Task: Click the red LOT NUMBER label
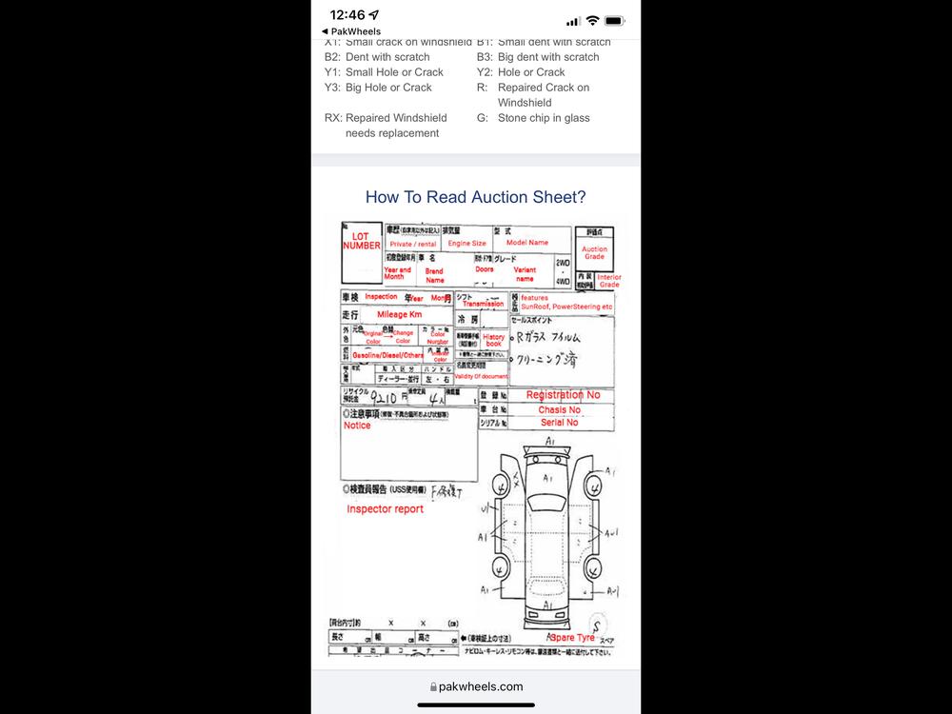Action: point(361,241)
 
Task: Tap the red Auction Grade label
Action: point(594,253)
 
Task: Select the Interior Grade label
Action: point(608,281)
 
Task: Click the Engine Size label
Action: point(466,244)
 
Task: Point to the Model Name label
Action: point(527,243)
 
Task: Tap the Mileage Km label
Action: point(399,314)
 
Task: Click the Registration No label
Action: point(563,395)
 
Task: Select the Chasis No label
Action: point(559,410)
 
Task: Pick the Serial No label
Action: point(559,423)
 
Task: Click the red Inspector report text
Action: point(385,509)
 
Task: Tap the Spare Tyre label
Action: point(572,637)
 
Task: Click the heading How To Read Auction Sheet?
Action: point(475,197)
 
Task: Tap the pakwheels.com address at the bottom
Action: point(480,686)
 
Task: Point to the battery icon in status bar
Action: point(614,20)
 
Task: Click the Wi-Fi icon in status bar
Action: point(592,20)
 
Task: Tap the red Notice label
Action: point(357,426)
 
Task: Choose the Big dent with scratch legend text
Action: point(547,57)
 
